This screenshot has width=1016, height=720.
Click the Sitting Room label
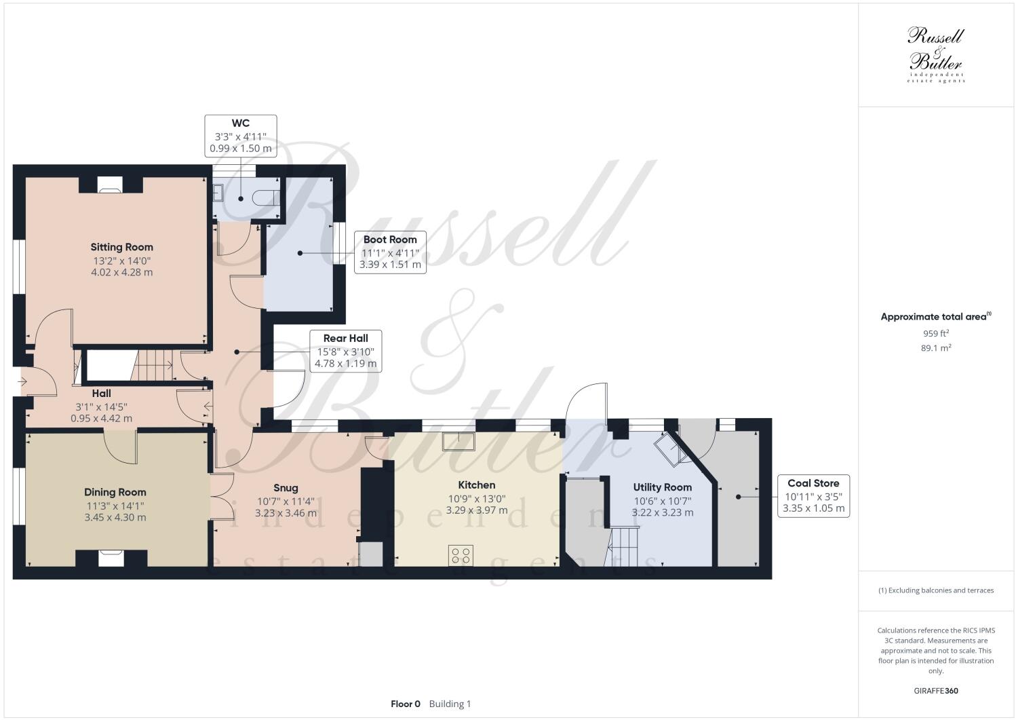tap(122, 247)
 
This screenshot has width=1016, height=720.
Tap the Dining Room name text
tap(115, 492)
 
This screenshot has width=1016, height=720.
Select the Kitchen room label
tap(477, 485)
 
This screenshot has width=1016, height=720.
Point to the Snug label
tap(286, 487)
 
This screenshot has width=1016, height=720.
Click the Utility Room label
tap(663, 487)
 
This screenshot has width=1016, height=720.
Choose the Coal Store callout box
tap(813, 495)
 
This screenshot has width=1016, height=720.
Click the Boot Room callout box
tap(390, 252)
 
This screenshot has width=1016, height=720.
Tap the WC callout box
tap(241, 136)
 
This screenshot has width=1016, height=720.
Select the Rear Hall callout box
tap(346, 351)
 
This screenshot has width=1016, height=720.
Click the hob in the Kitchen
tap(461, 555)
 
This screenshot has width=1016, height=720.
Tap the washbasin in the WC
tap(218, 193)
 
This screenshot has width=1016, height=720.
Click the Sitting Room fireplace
tap(109, 184)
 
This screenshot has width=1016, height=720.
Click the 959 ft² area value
tap(935, 333)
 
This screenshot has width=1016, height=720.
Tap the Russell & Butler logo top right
tap(936, 54)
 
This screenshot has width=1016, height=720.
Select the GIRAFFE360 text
tap(935, 691)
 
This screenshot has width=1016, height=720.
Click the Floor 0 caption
tap(406, 704)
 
